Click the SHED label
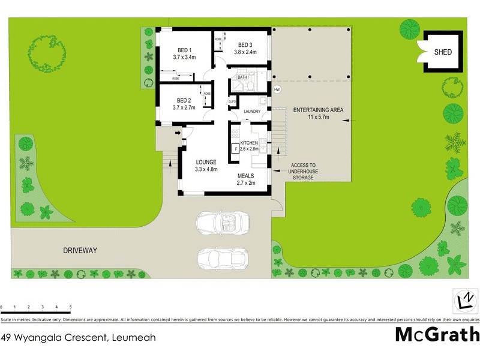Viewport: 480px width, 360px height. click(x=443, y=52)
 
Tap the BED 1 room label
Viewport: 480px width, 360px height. click(x=184, y=50)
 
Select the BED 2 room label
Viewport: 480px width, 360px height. click(x=184, y=100)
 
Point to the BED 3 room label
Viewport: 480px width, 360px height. click(x=245, y=45)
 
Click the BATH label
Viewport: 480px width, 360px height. click(x=242, y=77)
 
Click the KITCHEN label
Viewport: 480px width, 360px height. click(x=249, y=143)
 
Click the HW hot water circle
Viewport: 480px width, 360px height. click(x=277, y=89)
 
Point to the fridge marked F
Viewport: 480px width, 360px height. click(x=236, y=148)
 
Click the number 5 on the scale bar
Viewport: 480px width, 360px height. click(x=71, y=307)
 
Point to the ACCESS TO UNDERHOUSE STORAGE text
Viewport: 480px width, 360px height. click(x=304, y=171)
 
